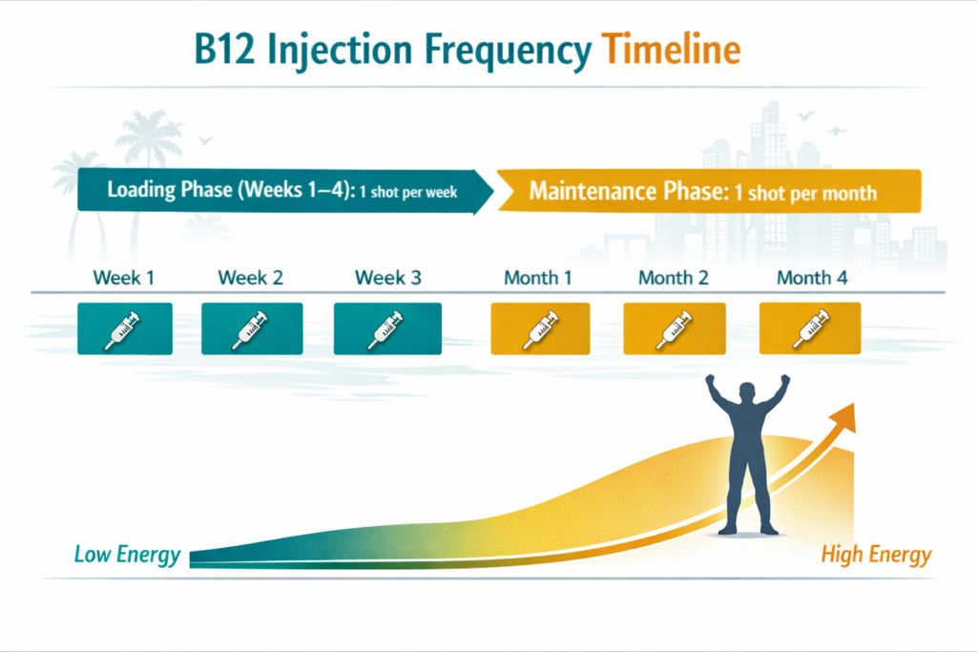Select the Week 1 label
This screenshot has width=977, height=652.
click(124, 278)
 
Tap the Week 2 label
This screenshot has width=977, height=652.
click(251, 278)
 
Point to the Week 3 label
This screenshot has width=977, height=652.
click(387, 278)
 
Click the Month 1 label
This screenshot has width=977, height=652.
click(538, 278)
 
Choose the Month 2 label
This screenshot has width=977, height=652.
click(675, 278)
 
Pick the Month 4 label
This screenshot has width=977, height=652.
click(811, 278)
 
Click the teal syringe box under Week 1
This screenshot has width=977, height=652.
click(125, 328)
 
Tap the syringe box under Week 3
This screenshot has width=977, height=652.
click(387, 328)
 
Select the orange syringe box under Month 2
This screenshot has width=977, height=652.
click(675, 328)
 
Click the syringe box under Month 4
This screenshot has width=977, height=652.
click(810, 328)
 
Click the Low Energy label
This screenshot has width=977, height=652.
click(127, 555)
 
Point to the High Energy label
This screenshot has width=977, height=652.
click(876, 555)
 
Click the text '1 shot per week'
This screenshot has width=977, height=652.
click(407, 192)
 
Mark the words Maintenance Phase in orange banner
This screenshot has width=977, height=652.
click(627, 191)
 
